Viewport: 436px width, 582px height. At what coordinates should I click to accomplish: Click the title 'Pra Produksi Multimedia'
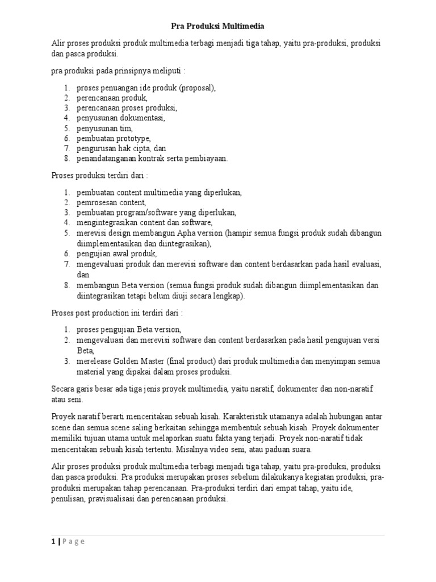tap(217, 26)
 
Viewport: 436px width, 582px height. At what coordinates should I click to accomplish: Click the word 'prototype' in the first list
tap(134, 138)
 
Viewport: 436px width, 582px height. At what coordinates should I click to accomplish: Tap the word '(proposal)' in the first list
tap(196, 88)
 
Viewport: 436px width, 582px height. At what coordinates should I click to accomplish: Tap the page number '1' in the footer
tap(53, 541)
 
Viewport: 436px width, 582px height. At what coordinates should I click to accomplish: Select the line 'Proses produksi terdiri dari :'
tap(100, 176)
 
